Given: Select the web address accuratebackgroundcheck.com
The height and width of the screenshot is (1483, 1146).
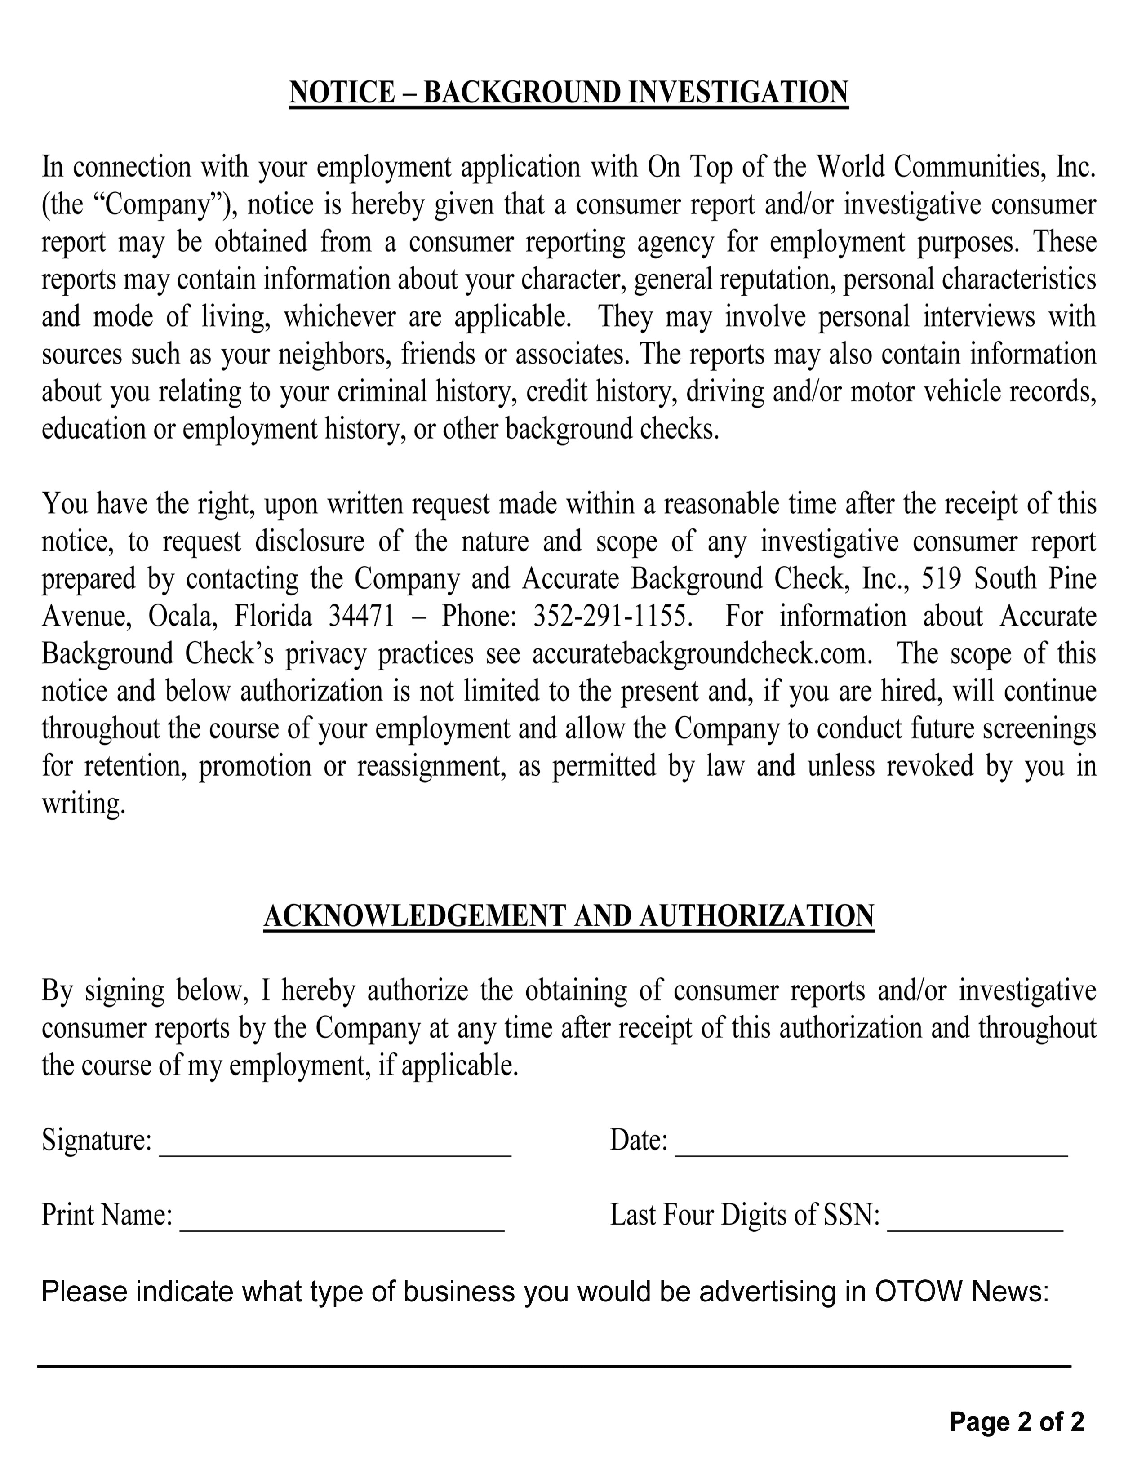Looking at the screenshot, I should pos(701,654).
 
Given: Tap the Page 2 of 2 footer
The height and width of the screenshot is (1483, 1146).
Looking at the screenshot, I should pos(1016,1421).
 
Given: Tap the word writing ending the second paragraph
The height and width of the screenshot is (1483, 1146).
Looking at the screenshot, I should pos(84,804).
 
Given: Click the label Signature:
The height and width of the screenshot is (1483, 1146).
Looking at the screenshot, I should pos(97,1141).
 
